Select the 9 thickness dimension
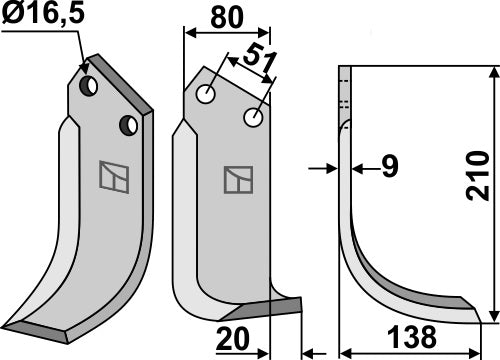pyautogui.click(x=391, y=169)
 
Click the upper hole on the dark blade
pyautogui.click(x=89, y=86)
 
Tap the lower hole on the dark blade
pyautogui.click(x=128, y=125)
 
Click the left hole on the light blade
pyautogui.click(x=207, y=95)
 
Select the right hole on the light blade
pyautogui.click(x=254, y=119)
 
